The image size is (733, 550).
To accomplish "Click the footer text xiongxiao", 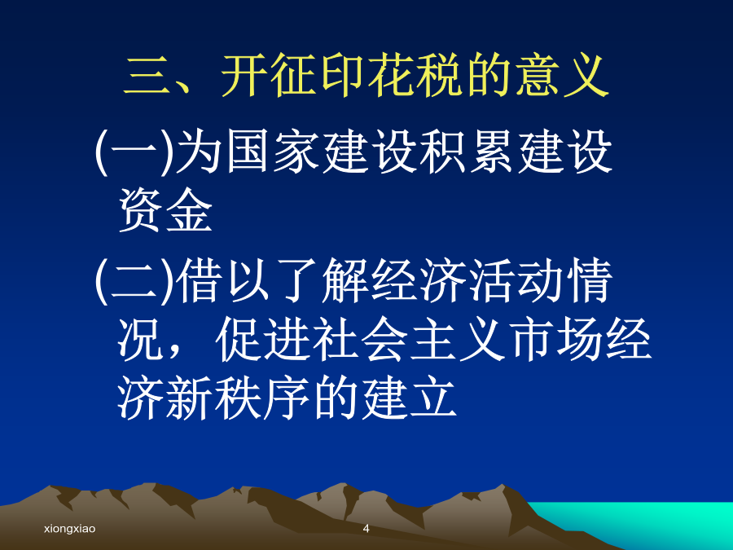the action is tap(70, 529).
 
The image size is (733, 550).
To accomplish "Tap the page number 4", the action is tap(366, 529).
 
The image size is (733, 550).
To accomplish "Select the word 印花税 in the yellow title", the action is tap(391, 76).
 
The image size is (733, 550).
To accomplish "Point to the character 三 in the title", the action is tap(147, 76).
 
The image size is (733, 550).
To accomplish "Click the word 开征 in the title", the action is tap(268, 76).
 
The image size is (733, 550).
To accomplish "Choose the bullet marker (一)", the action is tap(134, 152).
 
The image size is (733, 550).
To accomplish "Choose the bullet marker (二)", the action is tap(134, 280).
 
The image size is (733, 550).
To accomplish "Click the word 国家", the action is tap(273, 152).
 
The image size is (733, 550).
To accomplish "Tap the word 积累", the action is tap(467, 152).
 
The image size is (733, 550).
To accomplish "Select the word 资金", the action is tap(166, 210).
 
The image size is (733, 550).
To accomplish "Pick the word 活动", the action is tap(514, 280).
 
